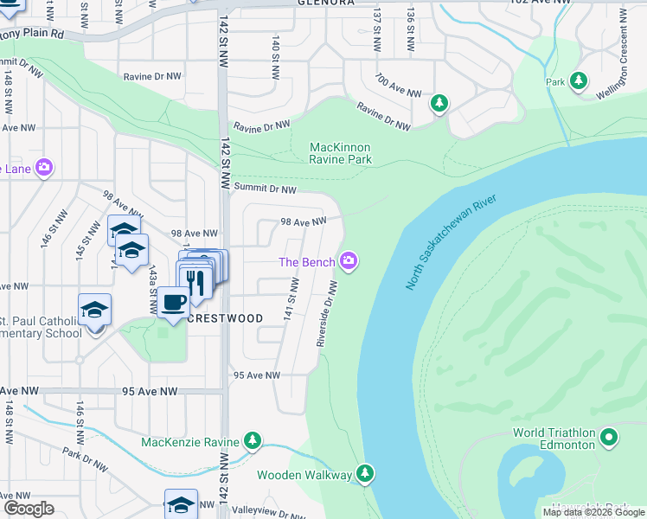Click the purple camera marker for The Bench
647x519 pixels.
point(349,260)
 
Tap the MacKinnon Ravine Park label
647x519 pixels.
point(341,153)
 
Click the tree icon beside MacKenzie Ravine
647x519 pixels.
point(253,441)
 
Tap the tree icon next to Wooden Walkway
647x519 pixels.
point(365,473)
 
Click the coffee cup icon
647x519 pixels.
point(173,303)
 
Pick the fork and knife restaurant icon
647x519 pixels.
point(195,280)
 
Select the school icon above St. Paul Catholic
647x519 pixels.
point(95,310)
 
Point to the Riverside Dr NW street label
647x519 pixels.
point(326,313)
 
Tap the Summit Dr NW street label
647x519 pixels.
point(264,189)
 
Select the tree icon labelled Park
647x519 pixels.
point(579,81)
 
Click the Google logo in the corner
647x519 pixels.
point(29,509)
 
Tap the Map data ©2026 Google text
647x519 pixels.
point(593,512)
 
